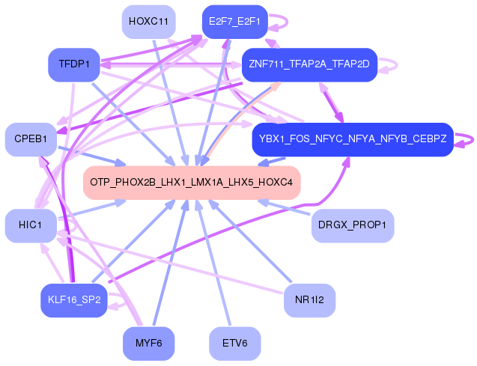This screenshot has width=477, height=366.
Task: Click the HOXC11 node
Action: [x=148, y=22]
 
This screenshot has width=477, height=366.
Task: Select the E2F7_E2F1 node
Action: [x=235, y=22]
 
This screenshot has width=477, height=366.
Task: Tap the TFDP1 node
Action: [x=74, y=65]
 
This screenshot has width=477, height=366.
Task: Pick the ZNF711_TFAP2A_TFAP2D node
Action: [x=309, y=65]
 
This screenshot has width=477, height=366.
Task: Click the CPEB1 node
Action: [x=31, y=139]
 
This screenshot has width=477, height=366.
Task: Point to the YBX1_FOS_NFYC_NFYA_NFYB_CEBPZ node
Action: [x=353, y=139]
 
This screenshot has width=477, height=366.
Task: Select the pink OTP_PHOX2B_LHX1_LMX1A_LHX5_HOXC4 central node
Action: [x=192, y=183]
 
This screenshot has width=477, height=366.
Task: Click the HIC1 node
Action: [x=31, y=225]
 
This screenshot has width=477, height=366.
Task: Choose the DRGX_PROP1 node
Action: [x=353, y=225]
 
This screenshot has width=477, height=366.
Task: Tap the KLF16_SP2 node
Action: [x=74, y=300]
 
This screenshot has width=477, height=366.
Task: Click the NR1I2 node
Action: [x=309, y=300]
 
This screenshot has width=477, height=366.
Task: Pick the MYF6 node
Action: [x=148, y=344]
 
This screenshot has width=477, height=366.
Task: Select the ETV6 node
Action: [x=235, y=344]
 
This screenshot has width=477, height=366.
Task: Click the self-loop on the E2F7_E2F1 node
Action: [x=287, y=22]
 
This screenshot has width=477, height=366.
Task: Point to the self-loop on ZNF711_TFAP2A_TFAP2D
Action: [x=396, y=65]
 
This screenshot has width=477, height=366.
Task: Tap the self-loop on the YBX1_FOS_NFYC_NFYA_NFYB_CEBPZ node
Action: [x=473, y=140]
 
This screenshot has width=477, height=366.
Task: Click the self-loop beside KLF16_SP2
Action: [x=124, y=301]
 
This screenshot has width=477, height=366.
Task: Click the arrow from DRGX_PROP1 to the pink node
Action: [x=284, y=207]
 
